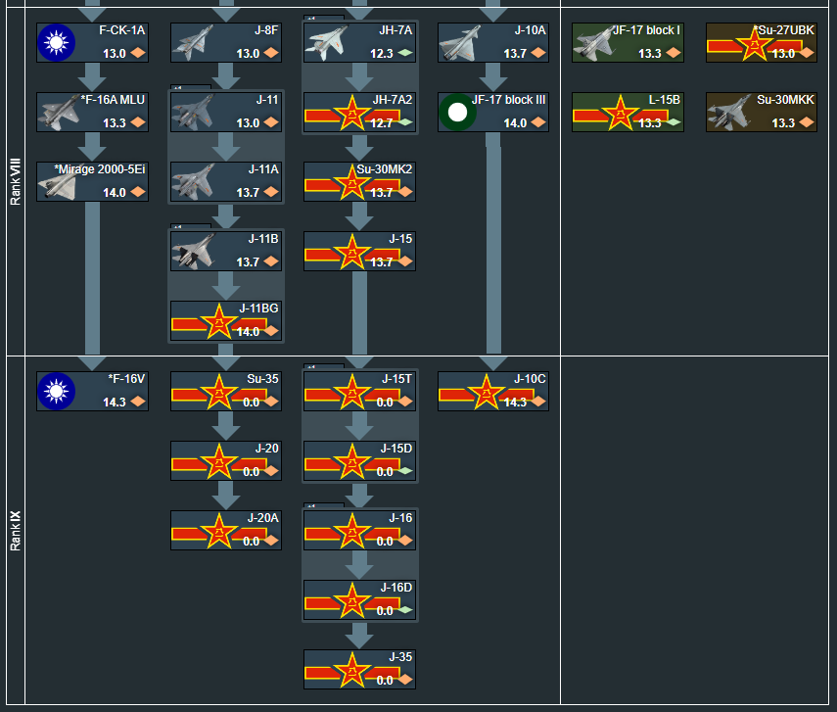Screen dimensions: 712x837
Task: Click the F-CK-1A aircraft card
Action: click(x=92, y=43)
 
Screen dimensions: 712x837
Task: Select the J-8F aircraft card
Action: click(x=226, y=43)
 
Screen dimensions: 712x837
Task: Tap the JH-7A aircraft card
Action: click(x=359, y=43)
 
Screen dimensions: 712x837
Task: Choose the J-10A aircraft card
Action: click(x=493, y=43)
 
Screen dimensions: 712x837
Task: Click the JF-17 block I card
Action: click(x=628, y=43)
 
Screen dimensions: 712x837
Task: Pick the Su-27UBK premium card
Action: click(x=762, y=43)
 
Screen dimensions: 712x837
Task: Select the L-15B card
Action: click(x=628, y=113)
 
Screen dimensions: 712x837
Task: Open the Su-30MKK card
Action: click(x=762, y=113)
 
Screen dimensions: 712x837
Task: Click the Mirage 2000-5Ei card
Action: click(x=92, y=182)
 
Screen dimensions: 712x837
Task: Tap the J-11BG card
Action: click(x=226, y=321)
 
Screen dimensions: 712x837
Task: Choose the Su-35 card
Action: click(x=226, y=391)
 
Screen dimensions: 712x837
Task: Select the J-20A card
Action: click(x=226, y=530)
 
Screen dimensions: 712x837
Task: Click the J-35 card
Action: click(x=359, y=669)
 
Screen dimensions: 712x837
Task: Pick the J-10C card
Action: click(x=493, y=391)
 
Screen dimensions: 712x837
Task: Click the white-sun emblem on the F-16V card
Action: click(x=56, y=392)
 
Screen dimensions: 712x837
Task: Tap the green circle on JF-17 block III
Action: click(x=457, y=113)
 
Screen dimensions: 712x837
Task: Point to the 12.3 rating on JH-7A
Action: click(x=382, y=54)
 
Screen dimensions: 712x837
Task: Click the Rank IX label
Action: click(x=15, y=530)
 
